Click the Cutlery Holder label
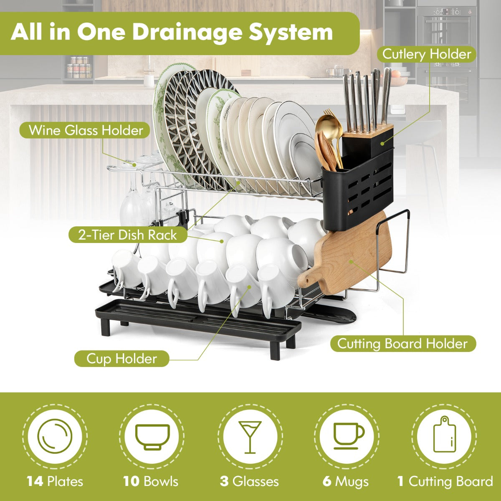(x=427, y=54)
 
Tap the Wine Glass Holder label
(x=86, y=130)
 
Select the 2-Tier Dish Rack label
(x=128, y=235)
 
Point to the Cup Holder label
(x=121, y=359)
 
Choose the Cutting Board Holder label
(x=403, y=344)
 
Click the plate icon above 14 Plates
(x=55, y=436)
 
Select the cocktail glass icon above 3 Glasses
(x=250, y=437)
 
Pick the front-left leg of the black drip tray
(x=106, y=327)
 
